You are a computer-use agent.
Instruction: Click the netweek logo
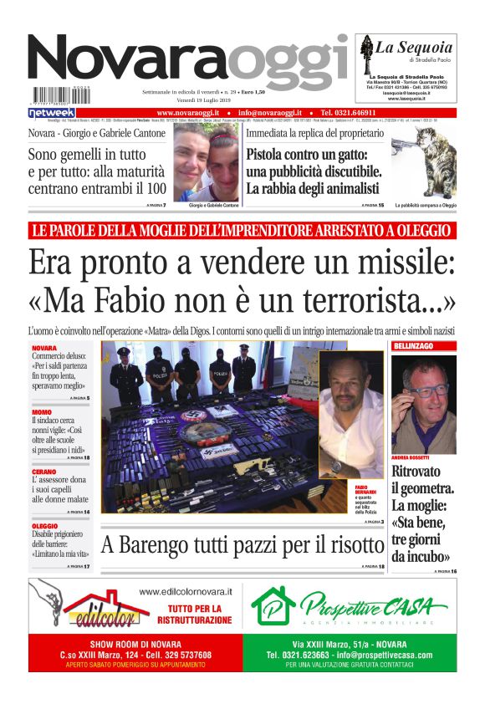tap(52, 112)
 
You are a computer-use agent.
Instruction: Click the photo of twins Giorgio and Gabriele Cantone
tap(207, 164)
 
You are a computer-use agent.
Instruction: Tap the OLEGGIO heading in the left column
tap(45, 525)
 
